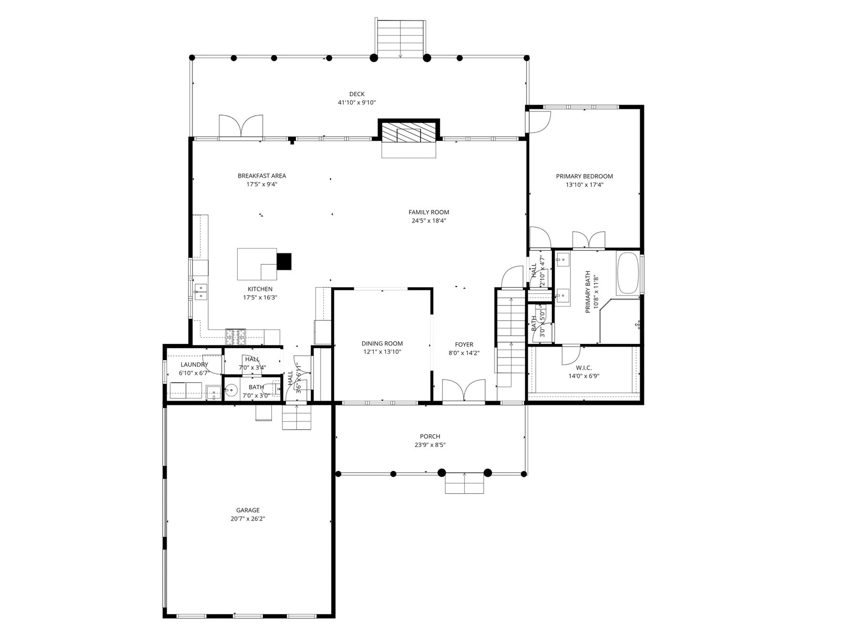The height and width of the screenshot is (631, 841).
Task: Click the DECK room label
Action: tap(356, 94)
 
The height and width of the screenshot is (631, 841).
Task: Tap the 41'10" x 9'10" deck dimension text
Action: tap(356, 103)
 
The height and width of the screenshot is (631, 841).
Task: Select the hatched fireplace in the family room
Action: tap(408, 134)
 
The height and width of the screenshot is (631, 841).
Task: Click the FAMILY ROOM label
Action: tap(428, 212)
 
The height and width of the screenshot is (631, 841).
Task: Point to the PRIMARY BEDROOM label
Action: tap(584, 176)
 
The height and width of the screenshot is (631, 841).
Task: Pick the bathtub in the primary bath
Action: tap(628, 272)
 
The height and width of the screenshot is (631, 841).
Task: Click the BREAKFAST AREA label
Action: tap(262, 176)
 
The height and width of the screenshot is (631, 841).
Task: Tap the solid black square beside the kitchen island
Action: tap(284, 261)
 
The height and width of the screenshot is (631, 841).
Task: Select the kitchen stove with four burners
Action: tap(235, 337)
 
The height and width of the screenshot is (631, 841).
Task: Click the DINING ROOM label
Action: tap(382, 344)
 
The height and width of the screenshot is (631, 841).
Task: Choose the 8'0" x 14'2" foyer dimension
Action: tap(464, 353)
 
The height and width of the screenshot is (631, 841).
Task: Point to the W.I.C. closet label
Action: tap(583, 368)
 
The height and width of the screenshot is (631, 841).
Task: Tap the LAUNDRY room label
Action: tap(194, 364)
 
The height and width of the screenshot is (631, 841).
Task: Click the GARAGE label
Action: tap(248, 510)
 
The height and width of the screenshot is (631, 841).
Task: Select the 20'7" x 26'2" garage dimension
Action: tap(248, 519)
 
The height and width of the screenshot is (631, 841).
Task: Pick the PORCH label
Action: tap(430, 436)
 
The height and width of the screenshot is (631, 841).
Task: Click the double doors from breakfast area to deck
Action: tap(241, 126)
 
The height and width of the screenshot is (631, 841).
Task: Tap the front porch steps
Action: tap(464, 483)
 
